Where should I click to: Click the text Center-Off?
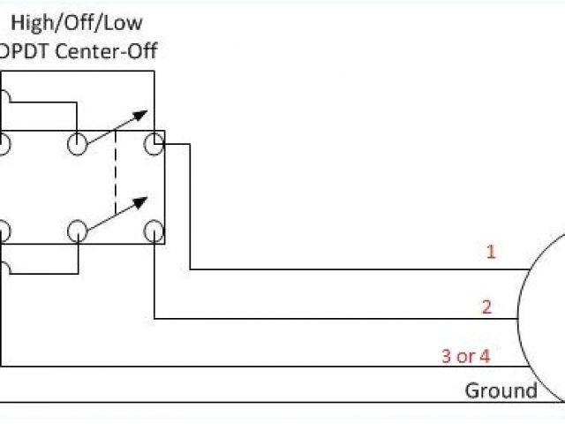pyautogui.click(x=105, y=50)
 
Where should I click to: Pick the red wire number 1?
pyautogui.click(x=491, y=252)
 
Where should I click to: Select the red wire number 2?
pyautogui.click(x=486, y=307)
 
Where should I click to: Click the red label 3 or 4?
pyautogui.click(x=465, y=356)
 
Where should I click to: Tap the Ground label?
pyautogui.click(x=501, y=390)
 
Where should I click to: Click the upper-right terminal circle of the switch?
pyautogui.click(x=154, y=144)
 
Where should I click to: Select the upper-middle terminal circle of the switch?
pyautogui.click(x=78, y=144)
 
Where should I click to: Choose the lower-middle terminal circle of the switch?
pyautogui.click(x=78, y=231)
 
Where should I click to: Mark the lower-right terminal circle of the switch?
pyautogui.click(x=154, y=231)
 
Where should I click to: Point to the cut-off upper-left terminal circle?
pyautogui.click(x=3, y=144)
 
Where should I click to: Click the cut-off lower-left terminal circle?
pyautogui.click(x=3, y=231)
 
